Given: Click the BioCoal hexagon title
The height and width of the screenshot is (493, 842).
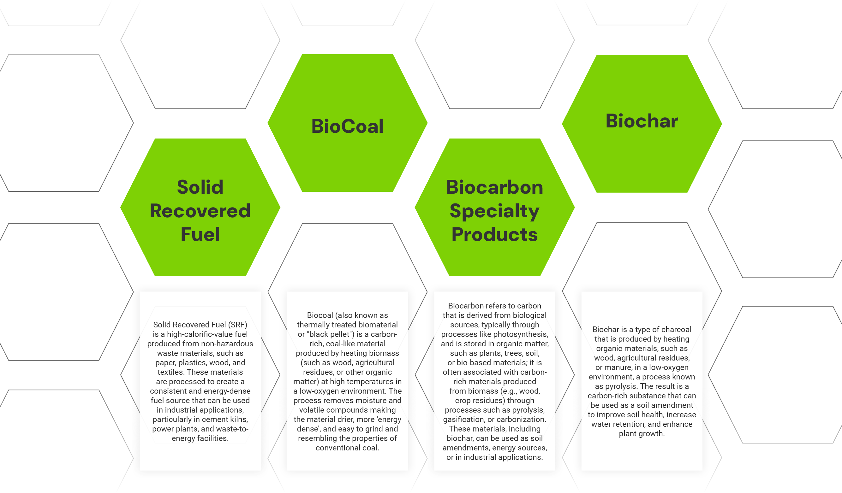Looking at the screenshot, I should tap(347, 126).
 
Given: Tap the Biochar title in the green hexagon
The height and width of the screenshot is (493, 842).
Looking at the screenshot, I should tap(642, 121).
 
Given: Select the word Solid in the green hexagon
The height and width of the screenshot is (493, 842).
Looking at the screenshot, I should tap(200, 187).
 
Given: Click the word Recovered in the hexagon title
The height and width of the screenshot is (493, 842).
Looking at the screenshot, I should tap(200, 211).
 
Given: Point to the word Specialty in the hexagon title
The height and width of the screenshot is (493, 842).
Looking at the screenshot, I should tap(494, 211).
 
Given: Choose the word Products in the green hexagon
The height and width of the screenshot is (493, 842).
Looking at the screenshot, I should tap(494, 235).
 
